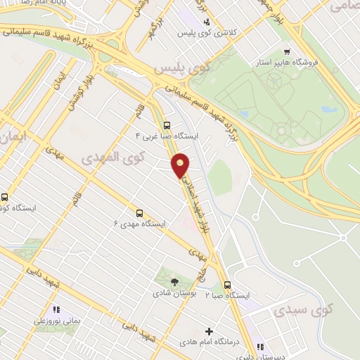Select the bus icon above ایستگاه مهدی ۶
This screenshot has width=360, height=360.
(139, 212)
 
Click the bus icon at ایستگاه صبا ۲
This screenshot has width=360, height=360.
(227, 285)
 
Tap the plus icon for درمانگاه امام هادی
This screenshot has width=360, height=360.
(209, 331)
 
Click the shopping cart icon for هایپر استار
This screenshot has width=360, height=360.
(286, 52)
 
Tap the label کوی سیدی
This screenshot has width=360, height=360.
(302, 309)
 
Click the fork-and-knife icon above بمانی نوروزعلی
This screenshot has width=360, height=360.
(56, 309)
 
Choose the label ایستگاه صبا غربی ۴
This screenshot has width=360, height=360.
(169, 136)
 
